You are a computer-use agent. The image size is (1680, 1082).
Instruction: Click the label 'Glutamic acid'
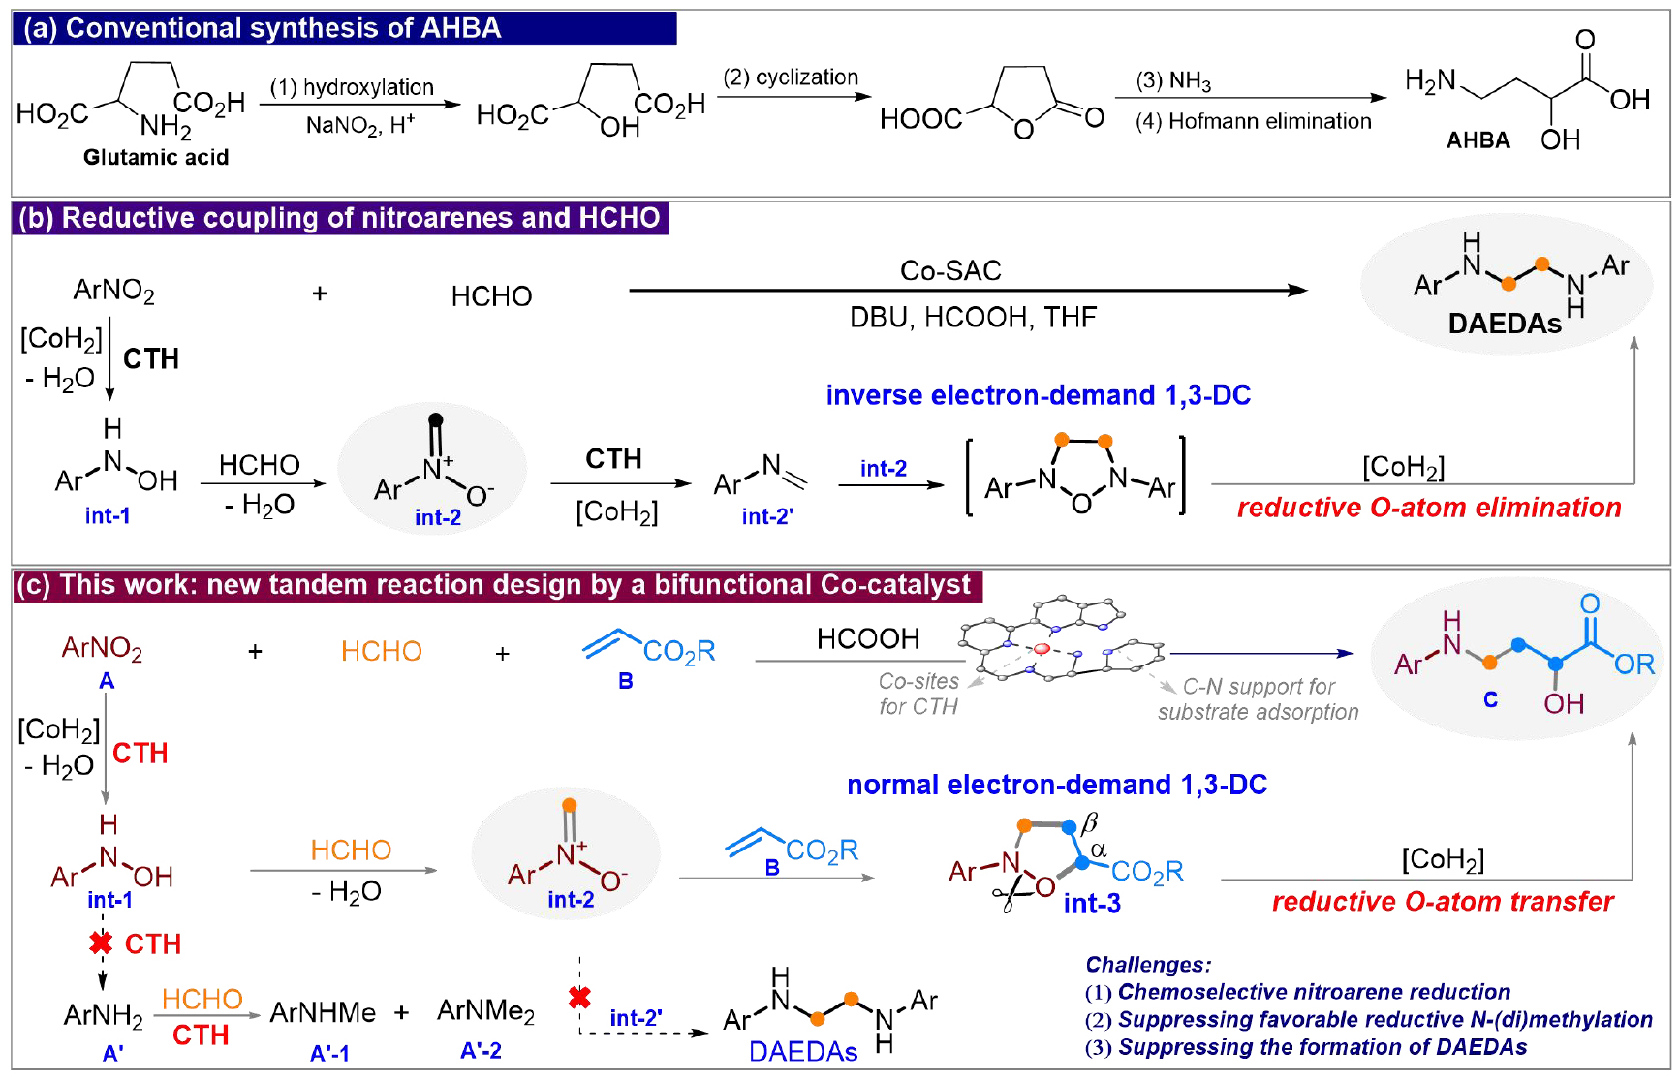coord(156,157)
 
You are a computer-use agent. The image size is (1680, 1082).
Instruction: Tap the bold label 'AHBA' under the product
coord(1478,140)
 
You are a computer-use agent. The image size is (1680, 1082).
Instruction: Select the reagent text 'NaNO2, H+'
coord(359,125)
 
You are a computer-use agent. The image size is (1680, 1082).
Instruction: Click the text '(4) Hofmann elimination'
coord(1253,121)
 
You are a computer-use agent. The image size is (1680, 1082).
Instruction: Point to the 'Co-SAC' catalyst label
coord(950,270)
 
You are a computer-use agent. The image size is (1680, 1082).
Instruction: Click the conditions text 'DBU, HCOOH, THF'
coord(973,317)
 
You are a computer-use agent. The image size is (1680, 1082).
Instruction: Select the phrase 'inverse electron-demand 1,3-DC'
coord(1038,395)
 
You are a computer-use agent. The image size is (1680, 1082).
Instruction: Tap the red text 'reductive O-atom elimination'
coord(1429,508)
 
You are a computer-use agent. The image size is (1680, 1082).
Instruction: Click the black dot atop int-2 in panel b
coord(436,419)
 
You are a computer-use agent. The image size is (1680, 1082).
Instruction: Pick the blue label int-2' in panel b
coord(767,516)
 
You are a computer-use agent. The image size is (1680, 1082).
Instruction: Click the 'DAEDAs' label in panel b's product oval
coord(1505,324)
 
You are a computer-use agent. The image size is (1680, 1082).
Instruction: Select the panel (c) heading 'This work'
coord(493,585)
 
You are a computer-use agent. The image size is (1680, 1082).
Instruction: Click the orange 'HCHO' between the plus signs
coord(382,651)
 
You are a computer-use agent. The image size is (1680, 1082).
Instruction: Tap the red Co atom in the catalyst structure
coord(1042,648)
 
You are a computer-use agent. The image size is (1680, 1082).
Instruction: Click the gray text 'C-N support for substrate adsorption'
coord(1259,699)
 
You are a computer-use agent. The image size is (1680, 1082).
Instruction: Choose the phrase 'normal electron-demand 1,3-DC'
coord(1057,785)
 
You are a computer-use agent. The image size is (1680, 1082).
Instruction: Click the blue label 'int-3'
coord(1092,904)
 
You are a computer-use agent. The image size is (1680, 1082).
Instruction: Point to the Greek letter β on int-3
coord(1089,822)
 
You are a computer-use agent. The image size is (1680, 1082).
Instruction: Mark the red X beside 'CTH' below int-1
coord(101,943)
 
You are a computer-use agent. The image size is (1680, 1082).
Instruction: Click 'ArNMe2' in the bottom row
coord(485,1011)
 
